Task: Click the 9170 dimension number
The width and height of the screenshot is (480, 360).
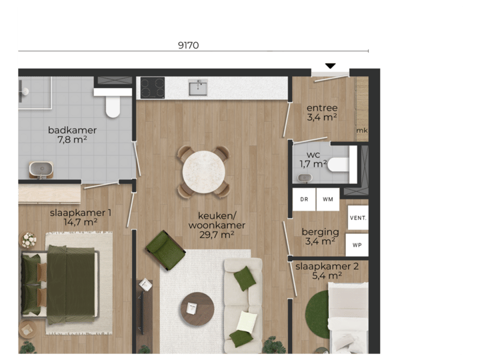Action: click(x=189, y=45)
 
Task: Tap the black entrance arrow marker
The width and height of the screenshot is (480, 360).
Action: click(x=330, y=66)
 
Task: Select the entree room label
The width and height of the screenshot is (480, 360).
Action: click(x=322, y=113)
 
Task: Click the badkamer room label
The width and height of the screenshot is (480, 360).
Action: click(x=72, y=134)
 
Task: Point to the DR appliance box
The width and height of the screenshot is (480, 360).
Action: click(x=304, y=199)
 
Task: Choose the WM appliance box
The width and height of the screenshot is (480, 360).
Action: click(x=327, y=199)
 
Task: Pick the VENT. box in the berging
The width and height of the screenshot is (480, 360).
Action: click(x=358, y=217)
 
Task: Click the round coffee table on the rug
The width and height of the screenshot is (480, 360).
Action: click(x=197, y=309)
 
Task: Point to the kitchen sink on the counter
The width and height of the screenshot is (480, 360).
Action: click(x=198, y=87)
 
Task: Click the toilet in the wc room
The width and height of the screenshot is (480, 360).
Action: click(x=340, y=164)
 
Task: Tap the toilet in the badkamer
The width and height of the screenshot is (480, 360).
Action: click(x=113, y=104)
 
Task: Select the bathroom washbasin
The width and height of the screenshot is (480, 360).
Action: click(x=41, y=169)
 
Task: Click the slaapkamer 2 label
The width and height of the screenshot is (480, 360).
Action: click(x=323, y=270)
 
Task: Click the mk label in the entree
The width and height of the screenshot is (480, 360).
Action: click(x=361, y=130)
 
